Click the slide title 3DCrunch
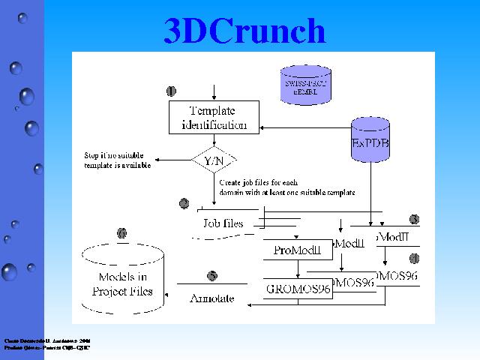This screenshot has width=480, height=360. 244,31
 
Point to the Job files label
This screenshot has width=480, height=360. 223,223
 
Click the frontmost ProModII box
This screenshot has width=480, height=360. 297,250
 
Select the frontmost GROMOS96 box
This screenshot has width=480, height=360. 298,288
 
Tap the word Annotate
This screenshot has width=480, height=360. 211,298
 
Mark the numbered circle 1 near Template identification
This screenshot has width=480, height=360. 171,91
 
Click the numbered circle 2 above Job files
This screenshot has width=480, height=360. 184,203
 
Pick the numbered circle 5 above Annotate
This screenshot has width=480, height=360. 212,276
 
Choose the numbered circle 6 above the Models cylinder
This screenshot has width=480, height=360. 121,233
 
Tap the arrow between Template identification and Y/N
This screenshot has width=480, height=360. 215,142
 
